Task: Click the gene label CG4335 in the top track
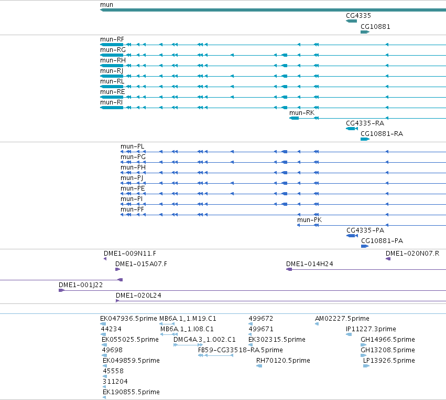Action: point(358,16)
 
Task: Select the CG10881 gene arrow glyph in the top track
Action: point(365,32)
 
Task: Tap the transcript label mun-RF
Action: point(112,39)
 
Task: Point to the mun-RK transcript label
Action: point(302,113)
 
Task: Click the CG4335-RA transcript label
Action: point(365,123)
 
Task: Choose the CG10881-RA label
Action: point(382,134)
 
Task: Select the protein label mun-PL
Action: point(133,146)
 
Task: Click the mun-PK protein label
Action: point(309,220)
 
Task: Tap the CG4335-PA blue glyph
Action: point(352,236)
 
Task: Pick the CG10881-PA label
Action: point(382,241)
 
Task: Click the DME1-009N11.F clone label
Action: point(129,254)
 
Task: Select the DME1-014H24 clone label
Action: point(309,264)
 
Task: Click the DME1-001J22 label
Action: point(81,285)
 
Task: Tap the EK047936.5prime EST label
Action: point(128,319)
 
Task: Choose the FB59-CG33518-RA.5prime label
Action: point(241,350)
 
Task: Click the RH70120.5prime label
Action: point(283,361)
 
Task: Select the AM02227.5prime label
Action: point(342,319)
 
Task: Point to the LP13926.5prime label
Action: point(389,361)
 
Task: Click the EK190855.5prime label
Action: point(131,392)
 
